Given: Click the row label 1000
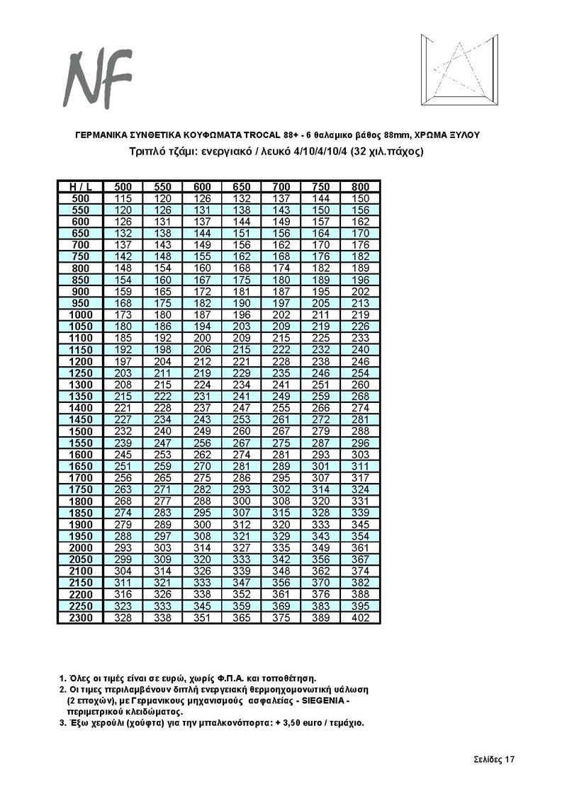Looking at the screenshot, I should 81,314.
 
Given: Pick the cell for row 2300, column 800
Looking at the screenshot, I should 361,618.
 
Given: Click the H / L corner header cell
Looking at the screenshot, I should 81,186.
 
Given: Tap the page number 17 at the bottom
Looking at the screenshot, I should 509,759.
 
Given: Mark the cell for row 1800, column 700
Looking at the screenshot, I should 282,501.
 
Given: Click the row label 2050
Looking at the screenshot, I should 81,559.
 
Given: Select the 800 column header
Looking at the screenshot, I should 361,186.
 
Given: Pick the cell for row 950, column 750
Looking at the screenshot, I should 321,303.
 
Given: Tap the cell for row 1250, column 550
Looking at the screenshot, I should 163,373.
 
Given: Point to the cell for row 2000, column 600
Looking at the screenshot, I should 203,548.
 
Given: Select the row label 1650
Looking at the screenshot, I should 81,466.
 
